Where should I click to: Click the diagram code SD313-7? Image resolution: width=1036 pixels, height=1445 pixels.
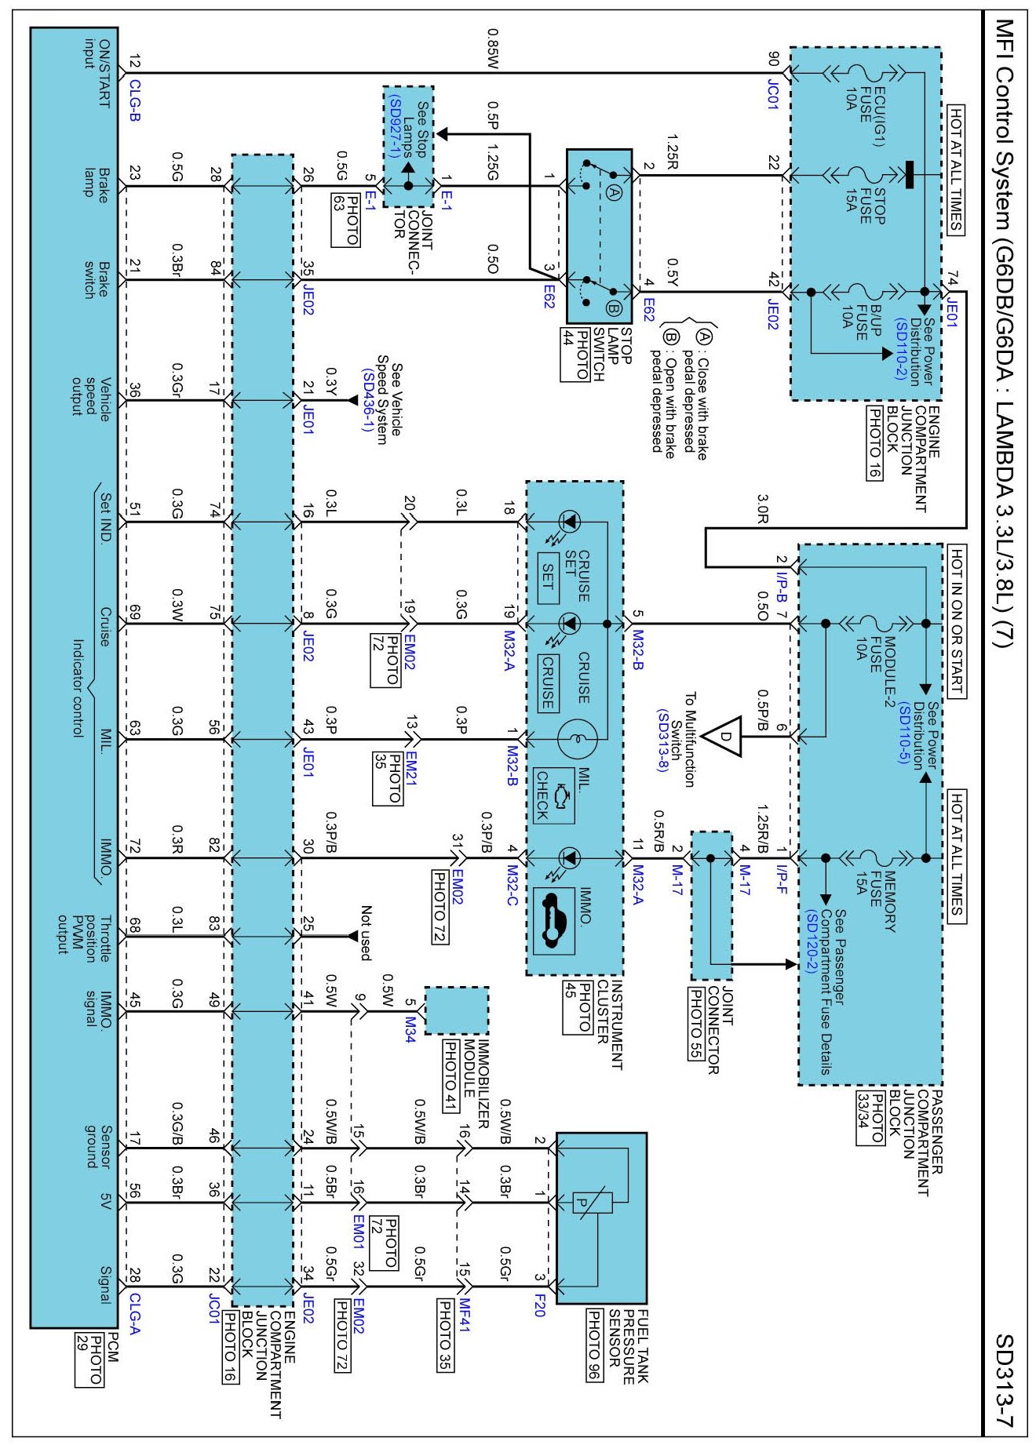1005,1381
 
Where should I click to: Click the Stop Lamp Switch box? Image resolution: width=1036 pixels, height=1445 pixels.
599,236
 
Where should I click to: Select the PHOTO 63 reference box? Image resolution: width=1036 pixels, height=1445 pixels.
346,220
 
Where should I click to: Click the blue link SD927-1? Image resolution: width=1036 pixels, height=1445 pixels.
395,126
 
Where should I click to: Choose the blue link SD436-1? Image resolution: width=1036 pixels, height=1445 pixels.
367,400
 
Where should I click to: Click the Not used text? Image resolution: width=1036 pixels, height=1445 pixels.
366,933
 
